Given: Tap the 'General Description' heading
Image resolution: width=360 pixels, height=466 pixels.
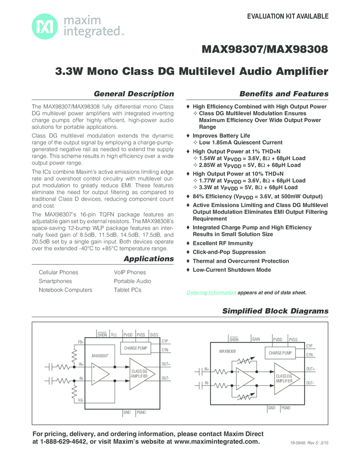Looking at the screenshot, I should click(134, 94).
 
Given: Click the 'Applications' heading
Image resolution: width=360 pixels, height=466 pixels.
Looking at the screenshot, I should click(148, 259).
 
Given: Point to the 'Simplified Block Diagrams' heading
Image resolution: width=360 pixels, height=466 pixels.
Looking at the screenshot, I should click(275, 311).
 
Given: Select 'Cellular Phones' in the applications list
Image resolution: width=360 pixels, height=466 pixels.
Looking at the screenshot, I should click(59, 272).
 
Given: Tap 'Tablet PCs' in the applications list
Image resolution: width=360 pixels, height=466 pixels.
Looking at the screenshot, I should click(127, 290).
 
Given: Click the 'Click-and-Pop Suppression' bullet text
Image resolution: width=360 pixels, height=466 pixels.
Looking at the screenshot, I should click(229, 252).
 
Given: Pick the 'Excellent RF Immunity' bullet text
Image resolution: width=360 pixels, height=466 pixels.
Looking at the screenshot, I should click(222, 243).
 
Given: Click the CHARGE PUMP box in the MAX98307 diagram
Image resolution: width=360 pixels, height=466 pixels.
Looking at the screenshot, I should click(136, 348).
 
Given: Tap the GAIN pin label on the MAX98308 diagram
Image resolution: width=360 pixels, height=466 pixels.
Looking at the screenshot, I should click(256, 339).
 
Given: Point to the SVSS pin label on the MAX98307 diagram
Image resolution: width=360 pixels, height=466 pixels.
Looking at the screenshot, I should click(154, 334).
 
